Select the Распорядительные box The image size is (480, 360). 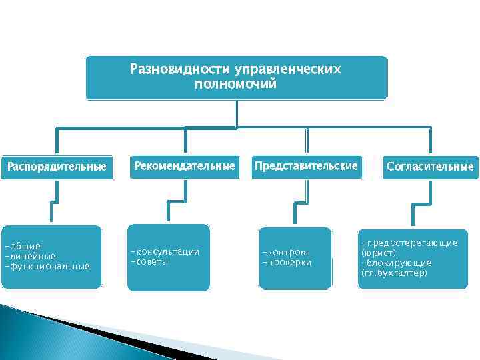57,166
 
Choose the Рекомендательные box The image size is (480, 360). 185,165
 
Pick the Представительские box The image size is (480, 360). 306,165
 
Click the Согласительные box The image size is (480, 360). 430,167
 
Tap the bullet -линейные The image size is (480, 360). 30,256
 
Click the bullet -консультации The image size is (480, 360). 165,251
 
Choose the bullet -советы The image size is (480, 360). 149,261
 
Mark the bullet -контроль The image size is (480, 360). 287,253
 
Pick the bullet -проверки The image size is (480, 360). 287,263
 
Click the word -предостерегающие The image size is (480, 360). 409,243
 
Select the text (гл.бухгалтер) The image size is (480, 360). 394,273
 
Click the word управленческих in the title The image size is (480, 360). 293,69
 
